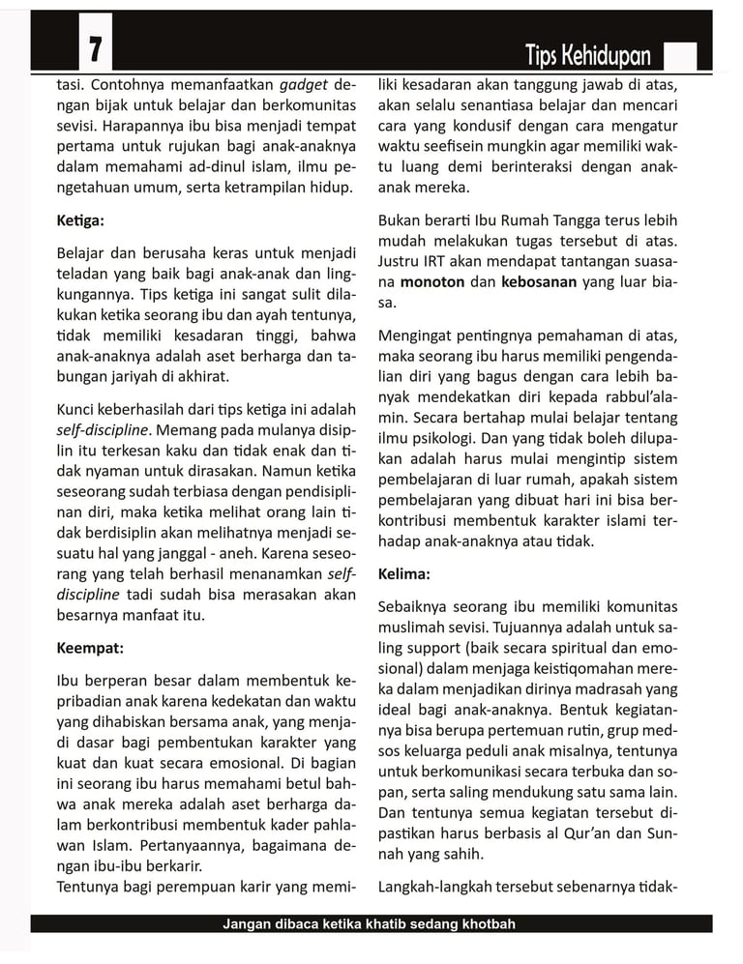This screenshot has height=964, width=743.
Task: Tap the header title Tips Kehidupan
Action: click(588, 55)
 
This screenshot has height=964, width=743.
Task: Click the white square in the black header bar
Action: click(680, 56)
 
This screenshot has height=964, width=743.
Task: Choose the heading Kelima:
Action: click(404, 573)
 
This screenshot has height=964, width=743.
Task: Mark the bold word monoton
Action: click(433, 282)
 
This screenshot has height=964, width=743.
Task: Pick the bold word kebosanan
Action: click(539, 282)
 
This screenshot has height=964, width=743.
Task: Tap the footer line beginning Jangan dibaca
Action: click(369, 924)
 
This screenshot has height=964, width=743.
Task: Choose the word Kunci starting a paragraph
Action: click(77, 410)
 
